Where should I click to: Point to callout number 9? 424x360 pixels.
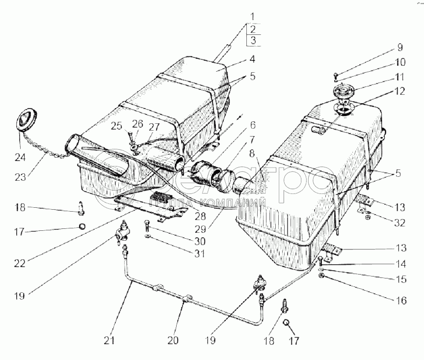399,49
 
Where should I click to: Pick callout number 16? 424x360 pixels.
402,301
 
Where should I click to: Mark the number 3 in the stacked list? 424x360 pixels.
252,41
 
